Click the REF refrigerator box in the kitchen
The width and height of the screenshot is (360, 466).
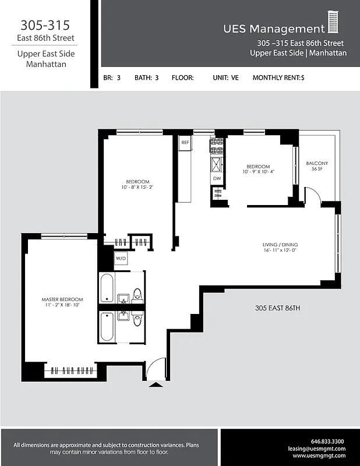[x=185, y=142]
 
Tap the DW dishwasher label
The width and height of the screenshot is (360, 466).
[x=217, y=178]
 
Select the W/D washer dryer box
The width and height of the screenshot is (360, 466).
[x=121, y=258]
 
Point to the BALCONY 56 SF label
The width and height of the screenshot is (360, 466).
[x=317, y=166]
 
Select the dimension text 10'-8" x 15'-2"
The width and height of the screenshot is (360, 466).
[x=138, y=188]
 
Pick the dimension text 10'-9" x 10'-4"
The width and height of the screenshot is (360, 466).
[x=257, y=172]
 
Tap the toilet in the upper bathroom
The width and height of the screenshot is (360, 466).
[x=137, y=295]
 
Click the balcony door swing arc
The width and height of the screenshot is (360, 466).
[x=312, y=195]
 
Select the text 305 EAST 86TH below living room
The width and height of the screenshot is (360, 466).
[x=277, y=308]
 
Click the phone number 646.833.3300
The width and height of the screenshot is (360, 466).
[x=328, y=441]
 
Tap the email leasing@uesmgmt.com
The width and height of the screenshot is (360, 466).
[x=317, y=449]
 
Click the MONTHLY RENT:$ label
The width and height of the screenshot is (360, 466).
[x=278, y=77]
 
